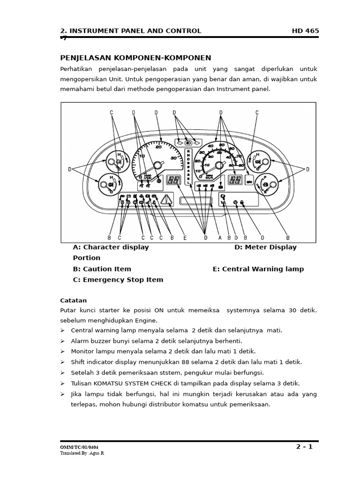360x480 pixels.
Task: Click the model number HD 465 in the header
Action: [x=305, y=31]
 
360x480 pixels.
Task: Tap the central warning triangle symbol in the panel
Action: [x=166, y=201]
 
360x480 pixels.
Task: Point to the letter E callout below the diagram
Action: [x=185, y=238]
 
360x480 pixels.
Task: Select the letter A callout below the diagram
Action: [x=220, y=238]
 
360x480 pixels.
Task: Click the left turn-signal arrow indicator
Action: [x=180, y=142]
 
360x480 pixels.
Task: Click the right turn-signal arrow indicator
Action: [x=197, y=142]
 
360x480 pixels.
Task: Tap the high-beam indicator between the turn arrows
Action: [x=188, y=142]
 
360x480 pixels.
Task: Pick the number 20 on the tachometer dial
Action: [x=158, y=147]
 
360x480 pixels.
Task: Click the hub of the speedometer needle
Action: [x=218, y=165]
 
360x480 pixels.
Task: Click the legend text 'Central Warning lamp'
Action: [x=263, y=269]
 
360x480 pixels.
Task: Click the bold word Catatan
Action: [x=74, y=300]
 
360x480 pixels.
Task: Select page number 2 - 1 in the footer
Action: [x=304, y=447]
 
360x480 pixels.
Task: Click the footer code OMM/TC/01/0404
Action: [x=79, y=448]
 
